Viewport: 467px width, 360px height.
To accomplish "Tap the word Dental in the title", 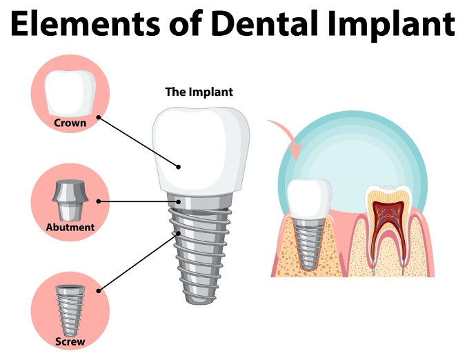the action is pyautogui.click(x=265, y=23).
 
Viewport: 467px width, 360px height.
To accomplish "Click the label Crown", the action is pyautogui.click(x=70, y=123).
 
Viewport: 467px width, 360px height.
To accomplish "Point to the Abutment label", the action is pyautogui.click(x=70, y=227).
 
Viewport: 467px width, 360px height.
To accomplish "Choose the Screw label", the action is pyautogui.click(x=70, y=341).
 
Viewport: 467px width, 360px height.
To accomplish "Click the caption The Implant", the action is pyautogui.click(x=199, y=92).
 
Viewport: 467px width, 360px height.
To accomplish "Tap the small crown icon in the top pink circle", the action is pyautogui.click(x=70, y=93).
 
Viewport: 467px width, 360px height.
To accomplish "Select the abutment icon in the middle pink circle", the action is pyautogui.click(x=70, y=200).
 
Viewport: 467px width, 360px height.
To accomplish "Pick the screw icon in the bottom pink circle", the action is pyautogui.click(x=70, y=310).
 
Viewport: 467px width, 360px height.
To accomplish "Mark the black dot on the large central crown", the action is pyautogui.click(x=178, y=167).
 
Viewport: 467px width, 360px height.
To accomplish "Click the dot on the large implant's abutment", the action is pyautogui.click(x=178, y=201).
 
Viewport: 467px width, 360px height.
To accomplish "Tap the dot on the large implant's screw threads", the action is pyautogui.click(x=178, y=234).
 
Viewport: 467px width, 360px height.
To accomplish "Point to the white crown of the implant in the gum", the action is pyautogui.click(x=310, y=199).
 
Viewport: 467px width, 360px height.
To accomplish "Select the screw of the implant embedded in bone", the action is pyautogui.click(x=309, y=244).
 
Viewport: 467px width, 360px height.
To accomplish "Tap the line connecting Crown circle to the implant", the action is pyautogui.click(x=138, y=142).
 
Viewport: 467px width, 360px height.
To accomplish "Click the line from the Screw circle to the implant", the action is pyautogui.click(x=138, y=262).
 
